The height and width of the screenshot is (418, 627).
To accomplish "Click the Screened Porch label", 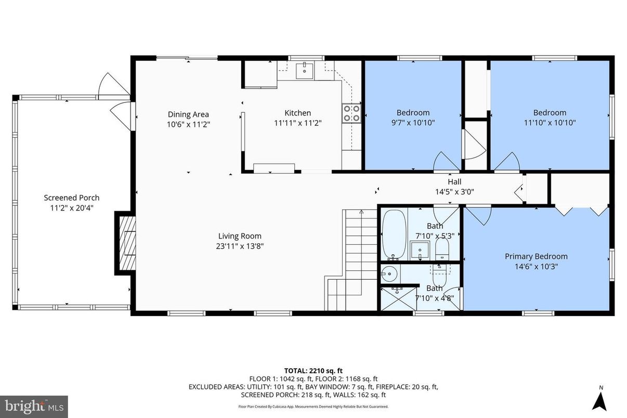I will [71, 198].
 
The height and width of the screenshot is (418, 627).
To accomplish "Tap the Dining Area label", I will [188, 114].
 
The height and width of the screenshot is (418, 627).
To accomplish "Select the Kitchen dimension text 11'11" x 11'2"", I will [298, 124].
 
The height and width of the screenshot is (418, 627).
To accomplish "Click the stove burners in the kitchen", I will [351, 113].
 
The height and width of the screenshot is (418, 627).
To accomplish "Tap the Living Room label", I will [240, 236].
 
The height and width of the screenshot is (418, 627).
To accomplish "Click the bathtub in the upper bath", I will [394, 234].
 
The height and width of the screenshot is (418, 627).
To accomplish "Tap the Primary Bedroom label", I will [536, 256].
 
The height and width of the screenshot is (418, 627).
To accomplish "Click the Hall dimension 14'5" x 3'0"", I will [454, 191].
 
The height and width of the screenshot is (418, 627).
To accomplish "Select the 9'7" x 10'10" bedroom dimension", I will [413, 123].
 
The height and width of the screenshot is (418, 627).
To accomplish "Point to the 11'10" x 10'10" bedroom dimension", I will [550, 123].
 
